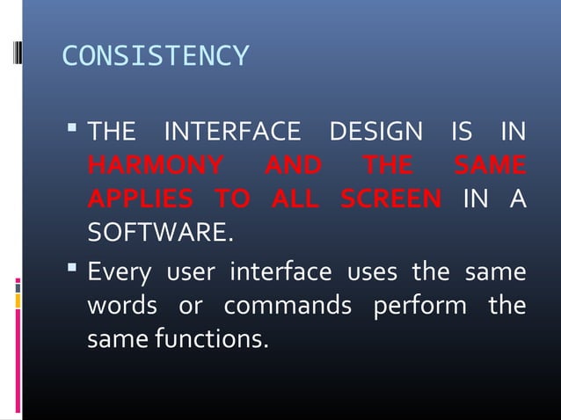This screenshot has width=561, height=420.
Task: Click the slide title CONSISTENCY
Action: point(156,57)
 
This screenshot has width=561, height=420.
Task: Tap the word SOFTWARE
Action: point(161,232)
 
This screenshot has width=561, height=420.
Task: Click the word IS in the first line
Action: point(461,134)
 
